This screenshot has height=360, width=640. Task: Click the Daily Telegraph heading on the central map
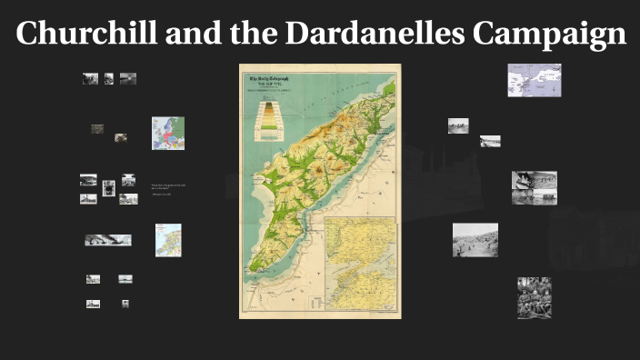point(274,83)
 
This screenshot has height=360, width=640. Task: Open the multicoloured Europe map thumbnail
point(168,133)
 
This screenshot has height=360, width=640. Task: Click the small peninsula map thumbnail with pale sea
point(168,240)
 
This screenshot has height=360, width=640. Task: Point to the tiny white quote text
point(167,186)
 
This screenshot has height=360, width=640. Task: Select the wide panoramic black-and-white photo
point(107,240)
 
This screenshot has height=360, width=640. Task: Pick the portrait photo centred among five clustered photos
point(108,188)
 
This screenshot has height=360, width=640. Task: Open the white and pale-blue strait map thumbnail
point(534,80)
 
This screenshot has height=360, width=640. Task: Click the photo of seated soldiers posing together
point(534,297)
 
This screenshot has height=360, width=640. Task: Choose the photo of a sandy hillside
point(475,239)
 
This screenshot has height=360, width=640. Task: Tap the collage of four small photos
point(534,186)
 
